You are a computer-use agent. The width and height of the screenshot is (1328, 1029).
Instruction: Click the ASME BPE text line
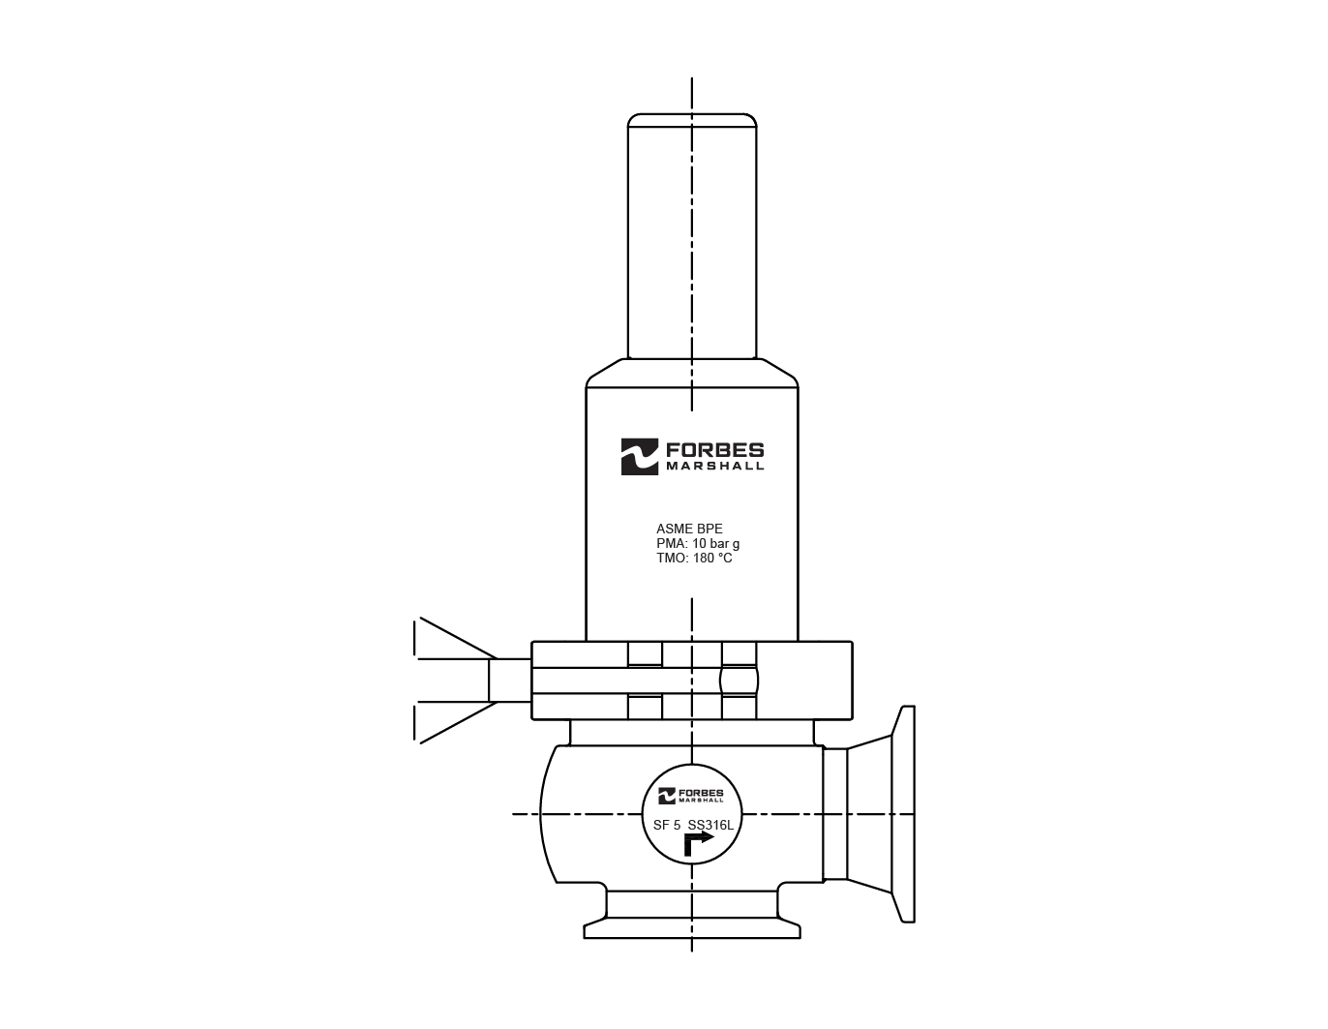point(689,529)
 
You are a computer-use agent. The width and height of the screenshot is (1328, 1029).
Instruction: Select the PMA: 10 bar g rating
point(697,544)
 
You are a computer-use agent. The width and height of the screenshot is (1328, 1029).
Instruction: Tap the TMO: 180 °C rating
point(694,559)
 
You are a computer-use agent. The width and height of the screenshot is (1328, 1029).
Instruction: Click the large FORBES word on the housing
point(714,449)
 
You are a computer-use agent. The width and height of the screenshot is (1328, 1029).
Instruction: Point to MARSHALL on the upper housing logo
point(714,466)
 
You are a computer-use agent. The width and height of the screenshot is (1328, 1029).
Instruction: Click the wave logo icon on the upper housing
point(639,457)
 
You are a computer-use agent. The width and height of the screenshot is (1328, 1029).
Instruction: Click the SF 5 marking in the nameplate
point(667,826)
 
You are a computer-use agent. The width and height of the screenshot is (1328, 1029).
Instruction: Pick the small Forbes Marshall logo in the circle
point(691,796)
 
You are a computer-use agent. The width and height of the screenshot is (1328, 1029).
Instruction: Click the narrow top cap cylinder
point(692,237)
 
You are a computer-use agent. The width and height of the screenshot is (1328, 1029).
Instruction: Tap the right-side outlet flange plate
point(905,814)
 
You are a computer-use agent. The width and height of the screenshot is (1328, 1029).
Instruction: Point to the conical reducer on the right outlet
point(870,814)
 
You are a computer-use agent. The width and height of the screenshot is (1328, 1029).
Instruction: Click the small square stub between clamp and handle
point(509,680)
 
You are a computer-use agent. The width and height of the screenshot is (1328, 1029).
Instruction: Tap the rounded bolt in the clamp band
point(740,680)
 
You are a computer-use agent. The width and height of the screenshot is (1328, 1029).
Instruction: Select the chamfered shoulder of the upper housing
point(692,373)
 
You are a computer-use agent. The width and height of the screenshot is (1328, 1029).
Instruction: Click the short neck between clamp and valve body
point(692,732)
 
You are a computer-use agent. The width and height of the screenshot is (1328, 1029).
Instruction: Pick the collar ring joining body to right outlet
point(834,814)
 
